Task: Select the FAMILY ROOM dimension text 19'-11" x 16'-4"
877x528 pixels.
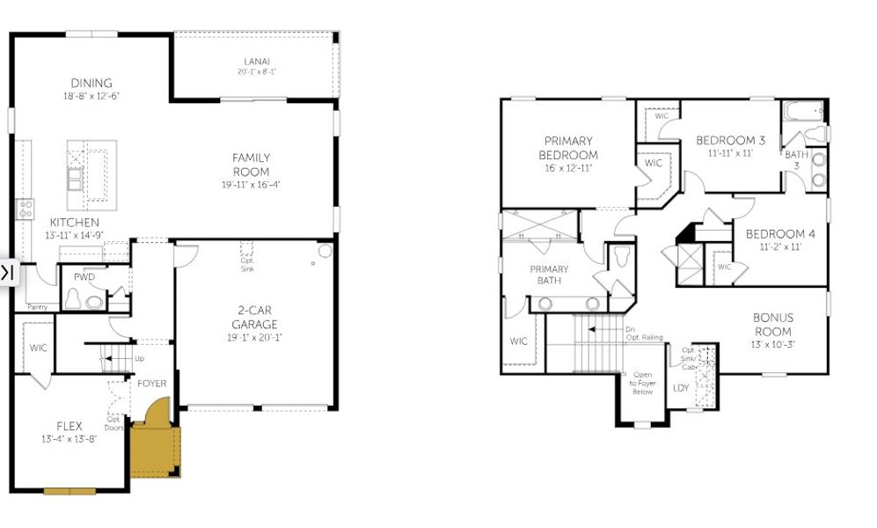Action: pos(251,185)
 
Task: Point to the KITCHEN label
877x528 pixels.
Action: pos(74,223)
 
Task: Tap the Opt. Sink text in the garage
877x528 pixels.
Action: pos(248,263)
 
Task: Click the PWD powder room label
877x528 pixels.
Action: pos(84,277)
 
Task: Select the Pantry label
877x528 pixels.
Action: pos(37,307)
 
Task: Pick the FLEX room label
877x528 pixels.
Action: pos(69,426)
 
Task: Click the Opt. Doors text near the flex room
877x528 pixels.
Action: pos(113,422)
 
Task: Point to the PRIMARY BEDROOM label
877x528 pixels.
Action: pos(567,147)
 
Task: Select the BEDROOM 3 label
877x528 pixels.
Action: pos(730,140)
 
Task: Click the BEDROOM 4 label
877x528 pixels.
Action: pos(780,234)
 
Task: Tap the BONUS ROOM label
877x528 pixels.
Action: pos(772,324)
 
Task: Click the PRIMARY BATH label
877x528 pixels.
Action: pos(549,275)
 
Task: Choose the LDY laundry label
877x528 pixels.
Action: pos(681,387)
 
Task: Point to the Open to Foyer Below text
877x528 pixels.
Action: pos(642,383)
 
